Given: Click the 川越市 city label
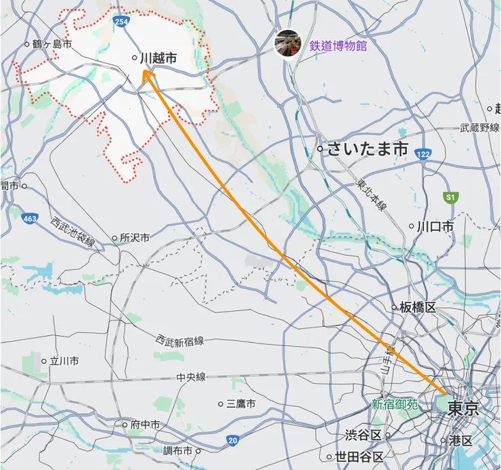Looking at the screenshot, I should click(x=158, y=59).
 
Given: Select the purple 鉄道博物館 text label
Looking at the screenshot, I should click(x=338, y=46).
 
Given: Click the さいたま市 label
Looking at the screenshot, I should click(x=368, y=149).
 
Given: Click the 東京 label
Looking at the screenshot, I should click(x=463, y=408).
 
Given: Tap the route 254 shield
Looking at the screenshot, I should click(x=121, y=22).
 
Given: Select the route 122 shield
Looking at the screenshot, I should click(x=423, y=154).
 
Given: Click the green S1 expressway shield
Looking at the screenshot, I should click(x=449, y=196).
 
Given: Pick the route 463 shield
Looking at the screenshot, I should click(x=29, y=219).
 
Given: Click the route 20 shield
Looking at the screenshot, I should click(x=233, y=440).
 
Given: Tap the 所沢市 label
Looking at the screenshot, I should click(x=134, y=238).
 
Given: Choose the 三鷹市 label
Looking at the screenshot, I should click(x=241, y=404).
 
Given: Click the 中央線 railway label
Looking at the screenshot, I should click(x=191, y=377).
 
